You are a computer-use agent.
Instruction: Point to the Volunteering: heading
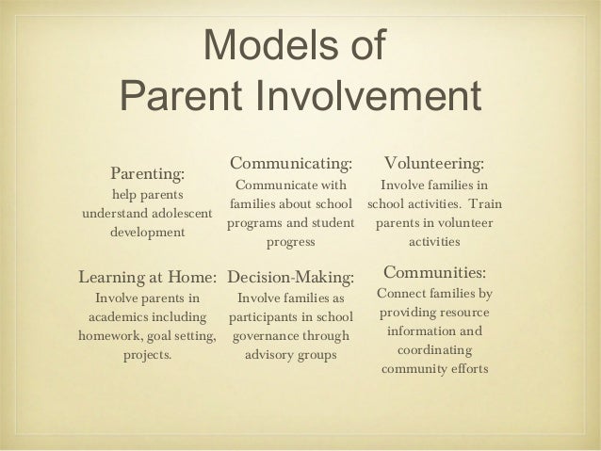pyautogui.click(x=435, y=165)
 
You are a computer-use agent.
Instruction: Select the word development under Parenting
pyautogui.click(x=148, y=232)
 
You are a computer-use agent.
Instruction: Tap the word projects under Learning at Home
pyautogui.click(x=148, y=357)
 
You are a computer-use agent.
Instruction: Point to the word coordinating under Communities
pyautogui.click(x=434, y=350)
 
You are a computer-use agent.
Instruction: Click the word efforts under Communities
pyautogui.click(x=467, y=369)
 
